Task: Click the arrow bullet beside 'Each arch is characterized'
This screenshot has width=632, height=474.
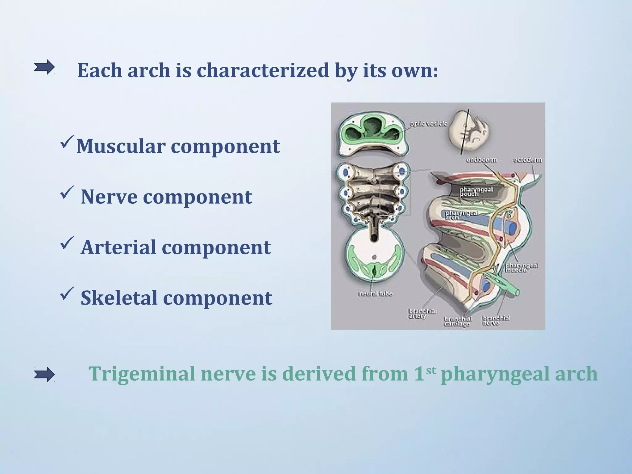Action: tap(44, 67)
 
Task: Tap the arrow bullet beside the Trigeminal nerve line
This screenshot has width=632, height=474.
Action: tap(44, 374)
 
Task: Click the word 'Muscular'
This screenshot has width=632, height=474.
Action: tap(121, 146)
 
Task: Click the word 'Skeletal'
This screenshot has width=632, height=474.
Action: tap(119, 298)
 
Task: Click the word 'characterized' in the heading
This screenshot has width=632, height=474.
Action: tap(263, 70)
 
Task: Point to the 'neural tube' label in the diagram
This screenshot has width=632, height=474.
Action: tap(375, 293)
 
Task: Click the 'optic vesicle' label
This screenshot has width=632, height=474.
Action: tap(428, 124)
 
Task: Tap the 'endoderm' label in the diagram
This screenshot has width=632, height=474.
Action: tap(481, 160)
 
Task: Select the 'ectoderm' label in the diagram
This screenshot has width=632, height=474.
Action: tap(527, 160)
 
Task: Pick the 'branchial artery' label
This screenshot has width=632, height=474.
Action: tap(422, 313)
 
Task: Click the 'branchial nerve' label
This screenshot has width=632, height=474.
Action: tap(496, 320)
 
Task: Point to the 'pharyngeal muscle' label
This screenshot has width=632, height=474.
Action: tap(522, 268)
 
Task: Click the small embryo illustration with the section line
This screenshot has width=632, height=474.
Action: tap(469, 131)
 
